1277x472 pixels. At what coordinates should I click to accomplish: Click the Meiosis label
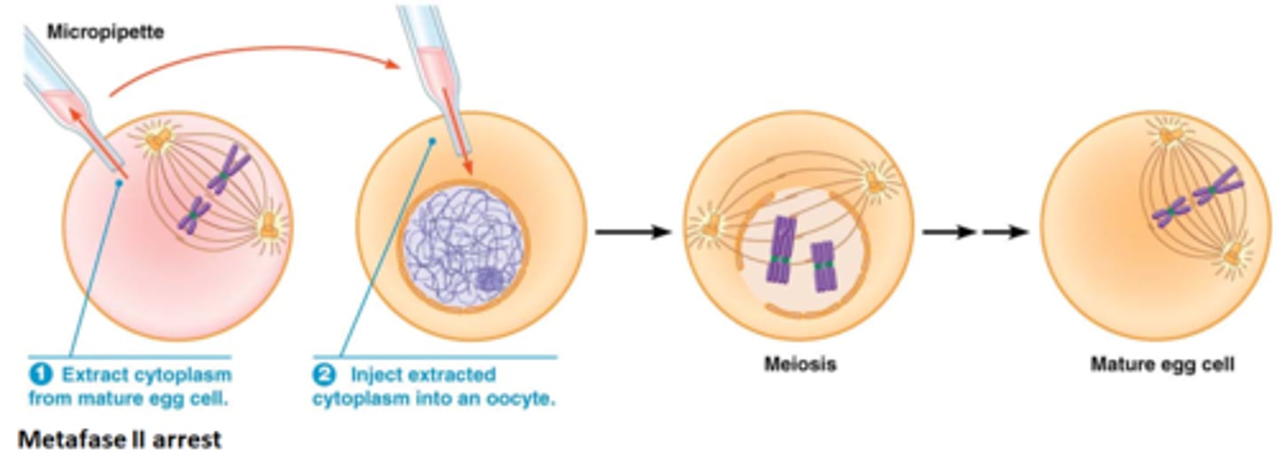[800, 365]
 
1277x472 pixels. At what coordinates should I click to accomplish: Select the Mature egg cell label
[1162, 365]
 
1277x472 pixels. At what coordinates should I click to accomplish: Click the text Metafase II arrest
[120, 439]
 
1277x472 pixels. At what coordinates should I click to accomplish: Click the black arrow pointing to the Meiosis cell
[631, 232]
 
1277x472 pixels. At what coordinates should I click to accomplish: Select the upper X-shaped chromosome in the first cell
[229, 170]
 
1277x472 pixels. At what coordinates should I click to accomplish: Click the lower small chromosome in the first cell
[193, 216]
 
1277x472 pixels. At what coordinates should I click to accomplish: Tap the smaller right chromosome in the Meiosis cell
[824, 266]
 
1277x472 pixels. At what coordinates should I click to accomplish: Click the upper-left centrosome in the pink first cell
[160, 139]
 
